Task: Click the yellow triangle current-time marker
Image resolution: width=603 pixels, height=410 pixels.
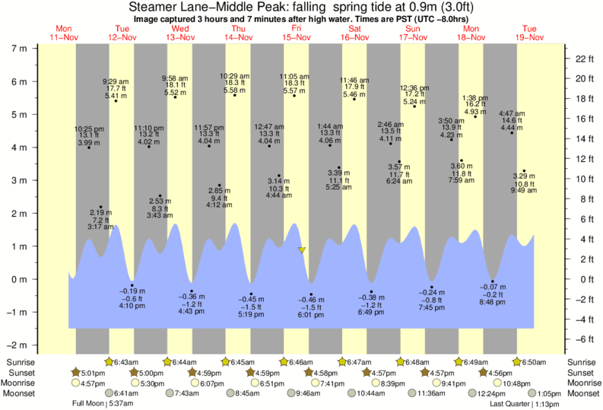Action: tap(302, 249)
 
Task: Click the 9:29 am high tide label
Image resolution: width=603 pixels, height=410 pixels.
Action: tap(116, 81)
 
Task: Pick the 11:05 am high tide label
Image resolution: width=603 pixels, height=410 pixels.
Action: tap(294, 77)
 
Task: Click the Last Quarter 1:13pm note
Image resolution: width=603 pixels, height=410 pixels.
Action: tap(513, 404)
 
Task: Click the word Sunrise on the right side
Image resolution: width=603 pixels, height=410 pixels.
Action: tap(582, 361)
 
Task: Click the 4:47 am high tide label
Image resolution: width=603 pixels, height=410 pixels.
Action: tap(512, 113)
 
